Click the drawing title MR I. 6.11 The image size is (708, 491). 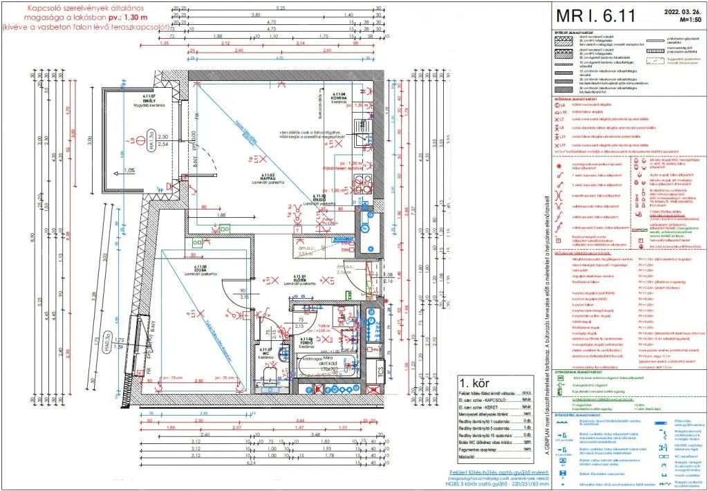[x=595, y=15]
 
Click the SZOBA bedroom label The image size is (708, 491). [x=201, y=269]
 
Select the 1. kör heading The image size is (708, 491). [x=475, y=382]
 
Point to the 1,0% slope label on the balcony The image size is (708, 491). [x=129, y=170]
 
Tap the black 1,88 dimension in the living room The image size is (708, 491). [x=221, y=215]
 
